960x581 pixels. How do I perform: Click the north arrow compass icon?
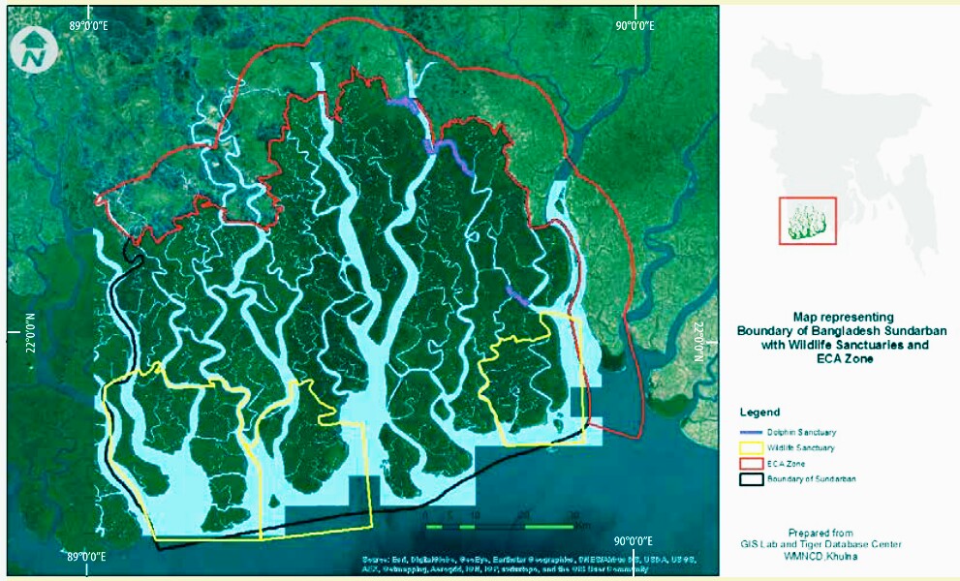click(x=35, y=48)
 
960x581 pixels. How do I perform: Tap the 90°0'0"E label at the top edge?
click(x=629, y=26)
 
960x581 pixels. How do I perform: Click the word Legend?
click(x=759, y=413)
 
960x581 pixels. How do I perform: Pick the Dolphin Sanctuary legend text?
click(x=801, y=432)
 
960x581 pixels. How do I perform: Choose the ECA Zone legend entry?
click(x=786, y=464)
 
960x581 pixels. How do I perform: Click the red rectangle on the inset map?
click(x=807, y=221)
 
